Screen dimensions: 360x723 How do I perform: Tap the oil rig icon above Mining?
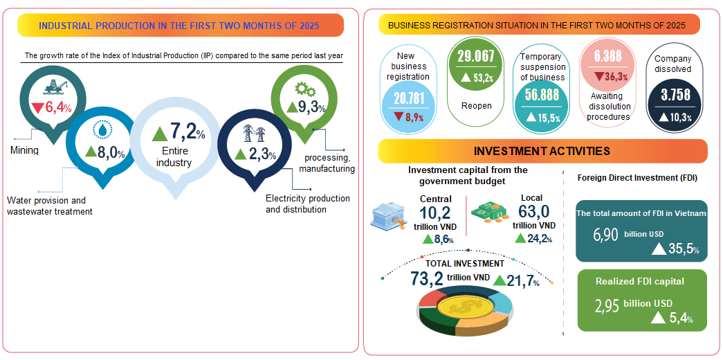[x=52, y=88]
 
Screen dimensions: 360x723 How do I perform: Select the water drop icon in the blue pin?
[x=103, y=129]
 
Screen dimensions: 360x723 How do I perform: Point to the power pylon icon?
[x=250, y=132]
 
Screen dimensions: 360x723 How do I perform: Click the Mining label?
[x=24, y=150]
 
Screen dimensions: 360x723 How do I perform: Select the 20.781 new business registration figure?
[x=408, y=98]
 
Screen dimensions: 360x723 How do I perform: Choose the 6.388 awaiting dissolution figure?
[x=607, y=57]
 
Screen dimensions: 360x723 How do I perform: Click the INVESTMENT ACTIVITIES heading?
[x=542, y=151]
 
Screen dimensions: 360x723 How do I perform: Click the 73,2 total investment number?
[x=426, y=278]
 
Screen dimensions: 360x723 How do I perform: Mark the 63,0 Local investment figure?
[x=533, y=211]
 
